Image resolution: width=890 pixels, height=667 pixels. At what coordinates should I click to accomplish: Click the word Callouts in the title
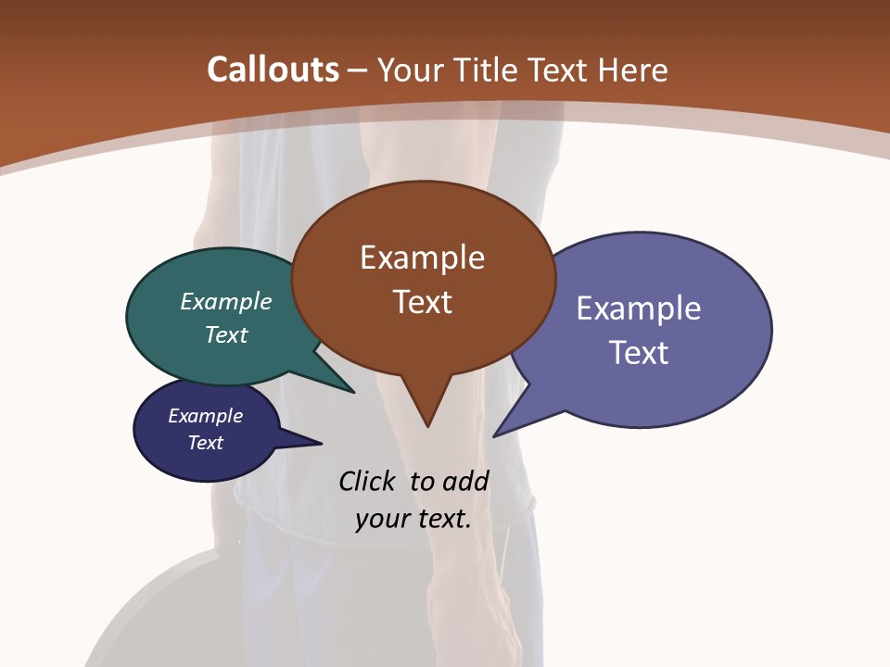click(x=273, y=69)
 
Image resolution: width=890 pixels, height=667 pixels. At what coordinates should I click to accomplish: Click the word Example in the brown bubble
click(x=422, y=258)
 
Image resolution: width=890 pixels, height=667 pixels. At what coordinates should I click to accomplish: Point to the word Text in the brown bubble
click(x=422, y=302)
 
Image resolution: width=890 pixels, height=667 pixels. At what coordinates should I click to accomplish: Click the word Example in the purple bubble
click(x=639, y=308)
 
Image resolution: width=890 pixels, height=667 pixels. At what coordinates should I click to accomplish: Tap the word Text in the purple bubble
click(x=639, y=353)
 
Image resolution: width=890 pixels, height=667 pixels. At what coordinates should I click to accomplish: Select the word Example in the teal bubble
click(x=226, y=302)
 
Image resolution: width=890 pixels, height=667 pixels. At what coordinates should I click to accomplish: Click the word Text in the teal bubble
click(x=226, y=334)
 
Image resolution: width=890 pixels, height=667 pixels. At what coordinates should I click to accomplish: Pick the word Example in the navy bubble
click(x=206, y=416)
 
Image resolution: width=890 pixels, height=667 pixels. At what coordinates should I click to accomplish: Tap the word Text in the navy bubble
click(x=206, y=443)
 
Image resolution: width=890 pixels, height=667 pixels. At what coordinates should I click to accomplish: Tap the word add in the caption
click(x=465, y=482)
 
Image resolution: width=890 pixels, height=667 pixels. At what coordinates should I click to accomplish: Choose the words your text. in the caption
click(x=413, y=519)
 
